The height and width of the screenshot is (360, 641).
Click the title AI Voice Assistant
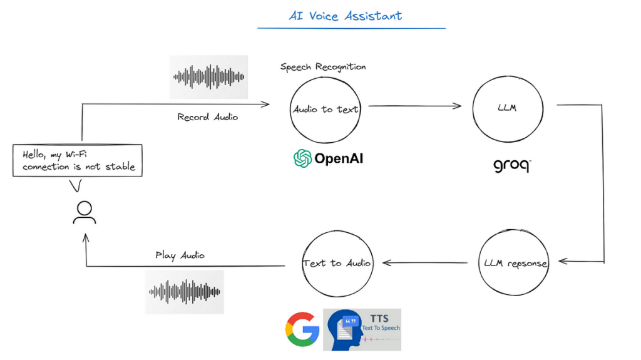pos(345,16)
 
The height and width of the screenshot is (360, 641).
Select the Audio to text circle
pos(326,109)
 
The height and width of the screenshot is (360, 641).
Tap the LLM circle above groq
pos(506,108)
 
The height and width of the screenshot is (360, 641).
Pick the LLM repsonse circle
pos(515,263)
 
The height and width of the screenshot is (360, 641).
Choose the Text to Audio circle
pos(337,263)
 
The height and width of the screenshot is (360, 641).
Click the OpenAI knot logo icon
pos(303,158)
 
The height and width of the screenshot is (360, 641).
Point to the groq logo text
pos(511,165)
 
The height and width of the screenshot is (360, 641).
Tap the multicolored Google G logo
pos(302,329)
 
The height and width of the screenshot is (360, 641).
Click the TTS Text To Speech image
pos(362,329)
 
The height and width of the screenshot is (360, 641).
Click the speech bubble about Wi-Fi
pos(78,161)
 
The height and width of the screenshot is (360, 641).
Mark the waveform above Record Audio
pos(208,77)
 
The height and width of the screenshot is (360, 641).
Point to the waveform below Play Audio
pos(185,292)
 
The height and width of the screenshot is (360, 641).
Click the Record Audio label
pos(207,117)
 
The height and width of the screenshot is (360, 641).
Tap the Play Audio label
pos(180,255)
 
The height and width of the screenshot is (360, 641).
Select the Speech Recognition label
pos(323,67)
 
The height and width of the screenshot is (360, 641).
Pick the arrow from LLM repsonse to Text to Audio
pos(426,263)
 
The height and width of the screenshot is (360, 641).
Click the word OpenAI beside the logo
pos(339,159)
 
